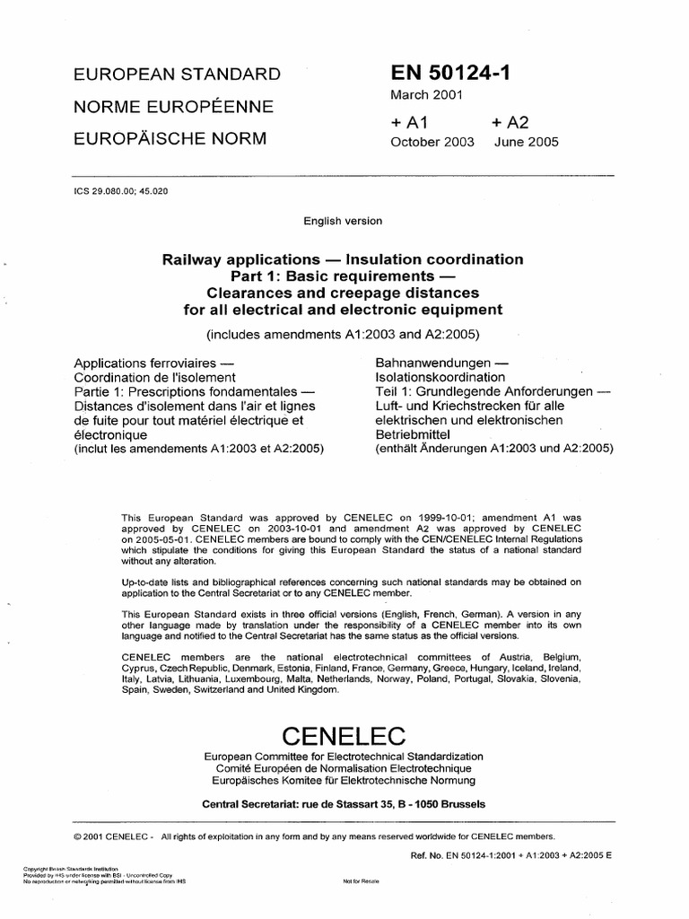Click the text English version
pos(344,221)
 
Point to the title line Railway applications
pos(342,259)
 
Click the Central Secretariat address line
pos(344,803)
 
